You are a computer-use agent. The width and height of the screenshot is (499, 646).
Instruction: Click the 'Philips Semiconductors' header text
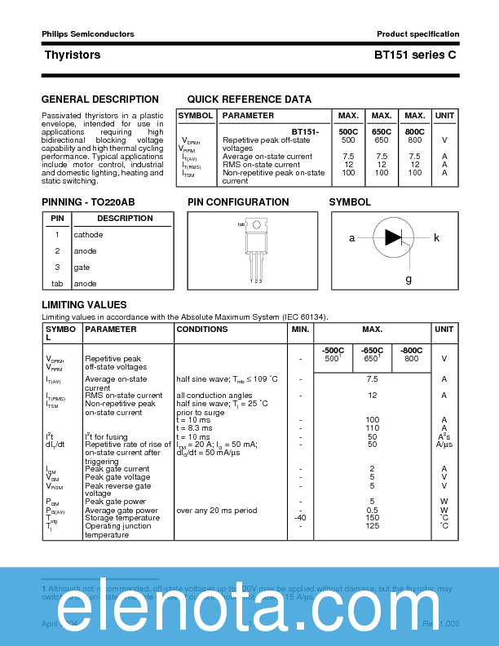(x=88, y=34)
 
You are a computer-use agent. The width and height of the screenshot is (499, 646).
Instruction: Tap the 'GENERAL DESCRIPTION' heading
(x=100, y=100)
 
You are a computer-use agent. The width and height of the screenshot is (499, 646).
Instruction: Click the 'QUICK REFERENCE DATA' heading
(x=249, y=100)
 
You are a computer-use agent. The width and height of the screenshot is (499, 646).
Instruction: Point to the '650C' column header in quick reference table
(x=382, y=131)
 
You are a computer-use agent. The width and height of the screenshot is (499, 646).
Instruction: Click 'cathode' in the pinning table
(x=89, y=235)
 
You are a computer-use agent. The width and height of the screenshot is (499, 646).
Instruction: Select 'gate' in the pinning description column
(x=82, y=268)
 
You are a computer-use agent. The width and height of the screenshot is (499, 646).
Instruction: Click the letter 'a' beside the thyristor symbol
(x=352, y=238)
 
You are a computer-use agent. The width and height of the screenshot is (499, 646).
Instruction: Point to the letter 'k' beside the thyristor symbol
(x=437, y=238)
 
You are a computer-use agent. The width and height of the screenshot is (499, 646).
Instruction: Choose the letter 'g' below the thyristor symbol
(x=408, y=279)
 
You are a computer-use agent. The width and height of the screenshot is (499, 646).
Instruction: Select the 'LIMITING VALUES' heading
(x=84, y=305)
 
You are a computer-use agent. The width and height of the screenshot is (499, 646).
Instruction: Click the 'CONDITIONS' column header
(x=202, y=330)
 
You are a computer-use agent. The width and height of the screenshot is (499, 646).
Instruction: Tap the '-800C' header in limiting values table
(x=412, y=350)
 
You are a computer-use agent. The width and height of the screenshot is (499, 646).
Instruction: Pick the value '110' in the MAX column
(x=373, y=428)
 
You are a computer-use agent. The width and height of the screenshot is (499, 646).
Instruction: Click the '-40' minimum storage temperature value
(x=300, y=518)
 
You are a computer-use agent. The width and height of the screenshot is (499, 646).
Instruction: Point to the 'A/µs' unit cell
(x=444, y=445)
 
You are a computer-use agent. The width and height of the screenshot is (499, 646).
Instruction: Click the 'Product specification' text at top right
(x=417, y=34)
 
